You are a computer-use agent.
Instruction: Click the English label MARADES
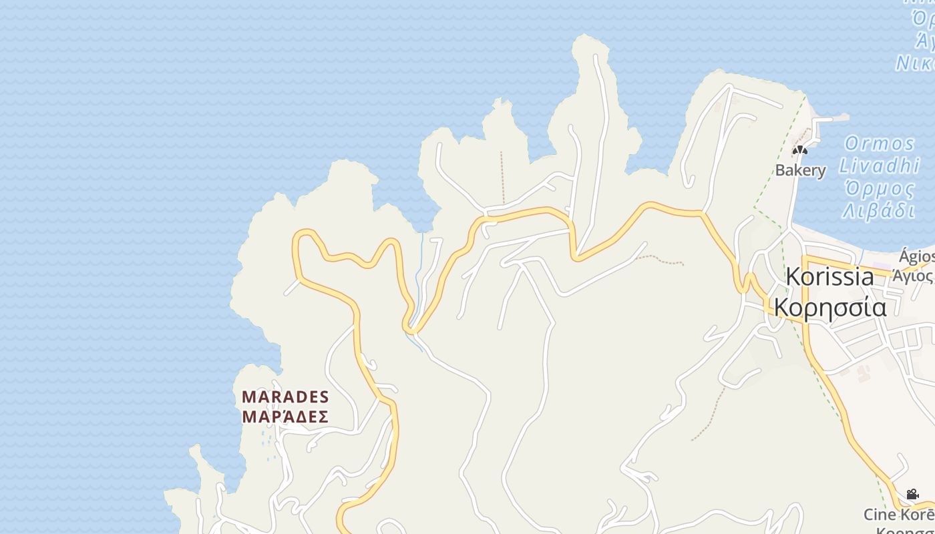[x=285, y=397]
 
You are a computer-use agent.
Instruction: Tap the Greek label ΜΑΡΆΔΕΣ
[x=285, y=417]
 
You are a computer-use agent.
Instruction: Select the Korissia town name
[x=829, y=276]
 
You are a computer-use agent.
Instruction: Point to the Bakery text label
[x=800, y=170]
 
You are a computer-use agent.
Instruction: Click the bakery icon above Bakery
[x=800, y=150]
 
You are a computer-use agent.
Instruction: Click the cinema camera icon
[x=912, y=495]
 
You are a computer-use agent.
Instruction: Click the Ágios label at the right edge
[x=916, y=256]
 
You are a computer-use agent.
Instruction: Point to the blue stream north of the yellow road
[x=419, y=274]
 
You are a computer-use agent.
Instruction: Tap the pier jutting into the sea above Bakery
[x=831, y=119]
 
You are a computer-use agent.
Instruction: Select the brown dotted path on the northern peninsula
[x=502, y=177]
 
